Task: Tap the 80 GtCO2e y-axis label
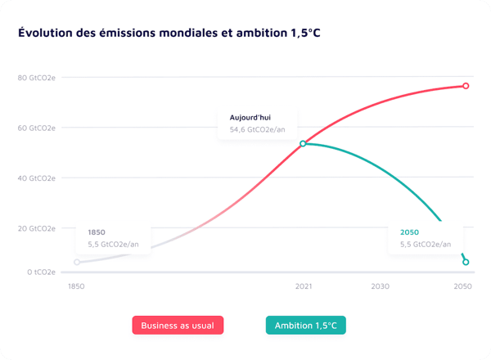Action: (37, 78)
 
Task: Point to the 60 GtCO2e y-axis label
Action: (37, 128)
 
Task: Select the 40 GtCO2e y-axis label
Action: (37, 178)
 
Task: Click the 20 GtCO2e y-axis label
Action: (37, 228)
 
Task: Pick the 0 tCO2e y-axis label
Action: (39, 272)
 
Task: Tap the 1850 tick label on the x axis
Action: (76, 287)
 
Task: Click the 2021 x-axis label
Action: (303, 287)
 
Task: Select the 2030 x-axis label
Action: (380, 287)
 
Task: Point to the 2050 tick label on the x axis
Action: (463, 287)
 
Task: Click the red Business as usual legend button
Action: (178, 326)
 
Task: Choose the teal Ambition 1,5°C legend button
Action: (306, 326)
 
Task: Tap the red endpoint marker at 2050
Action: (466, 86)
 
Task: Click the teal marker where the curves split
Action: (303, 143)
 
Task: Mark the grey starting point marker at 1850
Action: (77, 262)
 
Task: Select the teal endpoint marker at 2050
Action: (466, 262)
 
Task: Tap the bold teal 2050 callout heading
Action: (409, 232)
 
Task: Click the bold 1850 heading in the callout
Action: (97, 232)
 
